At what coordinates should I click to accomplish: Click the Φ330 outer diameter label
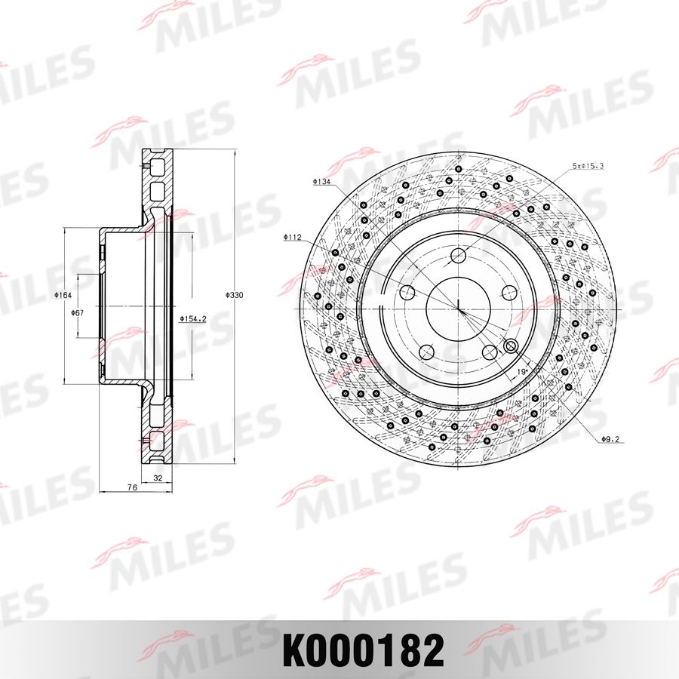click(x=235, y=296)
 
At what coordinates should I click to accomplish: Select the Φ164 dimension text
click(x=63, y=296)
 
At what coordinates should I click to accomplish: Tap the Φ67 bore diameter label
click(x=78, y=312)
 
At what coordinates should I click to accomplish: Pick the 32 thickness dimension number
click(x=158, y=478)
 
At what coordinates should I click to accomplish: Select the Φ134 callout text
click(x=322, y=182)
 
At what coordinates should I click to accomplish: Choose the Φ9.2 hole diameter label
click(x=610, y=439)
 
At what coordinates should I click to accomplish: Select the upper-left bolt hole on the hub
click(x=408, y=293)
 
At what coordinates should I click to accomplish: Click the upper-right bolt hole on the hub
click(x=508, y=293)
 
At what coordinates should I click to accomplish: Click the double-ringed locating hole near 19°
click(x=510, y=346)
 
